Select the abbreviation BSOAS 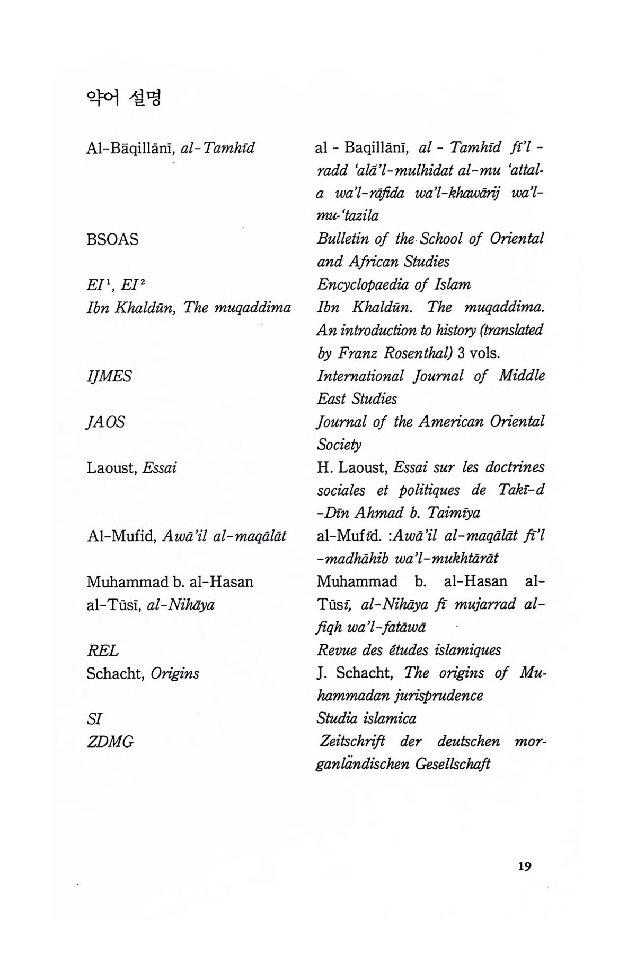tap(112, 240)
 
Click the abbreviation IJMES tap(109, 377)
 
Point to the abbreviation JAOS tap(105, 422)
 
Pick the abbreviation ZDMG tap(110, 742)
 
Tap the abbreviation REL tap(102, 650)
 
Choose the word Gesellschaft tap(453, 765)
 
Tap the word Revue tap(335, 650)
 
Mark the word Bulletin tap(342, 239)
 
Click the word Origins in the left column tap(174, 674)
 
